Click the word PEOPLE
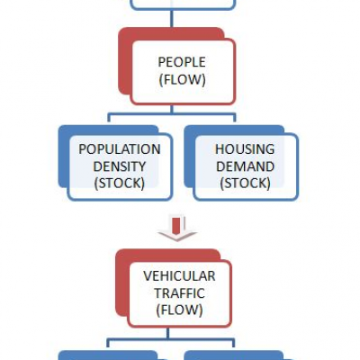point(182,62)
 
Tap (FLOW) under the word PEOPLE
point(182,80)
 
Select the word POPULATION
point(120,149)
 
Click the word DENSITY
point(120,166)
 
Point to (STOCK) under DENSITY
point(120,184)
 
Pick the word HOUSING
point(245,149)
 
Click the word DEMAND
point(245,166)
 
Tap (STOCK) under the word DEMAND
point(245,184)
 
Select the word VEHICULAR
point(179,276)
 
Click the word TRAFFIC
point(179,293)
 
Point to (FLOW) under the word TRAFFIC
point(179,310)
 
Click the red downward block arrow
point(177,228)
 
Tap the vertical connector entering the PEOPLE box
point(172,19)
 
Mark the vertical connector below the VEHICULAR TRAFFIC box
point(167,334)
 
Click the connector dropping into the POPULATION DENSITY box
point(109,118)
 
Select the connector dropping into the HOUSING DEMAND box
point(234,118)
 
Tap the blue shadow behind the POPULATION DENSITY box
point(64,156)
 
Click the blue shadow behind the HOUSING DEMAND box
point(189,156)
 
